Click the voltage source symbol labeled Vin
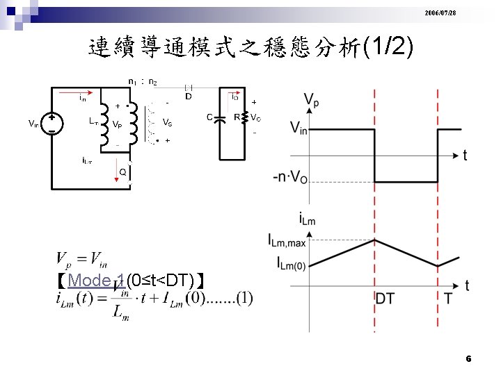[x=51, y=124]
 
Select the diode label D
[x=188, y=96]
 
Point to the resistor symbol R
[x=244, y=117]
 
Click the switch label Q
[x=122, y=172]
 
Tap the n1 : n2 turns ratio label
[x=143, y=82]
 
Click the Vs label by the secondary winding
[x=168, y=122]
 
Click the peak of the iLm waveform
[x=376, y=240]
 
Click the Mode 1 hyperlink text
[x=97, y=281]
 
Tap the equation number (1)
[x=244, y=298]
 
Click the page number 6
[x=468, y=359]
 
